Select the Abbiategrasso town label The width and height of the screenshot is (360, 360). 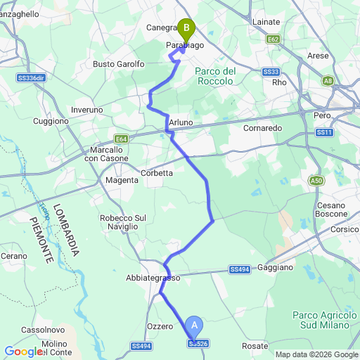point(154,278)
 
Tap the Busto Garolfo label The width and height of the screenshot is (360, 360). point(119,64)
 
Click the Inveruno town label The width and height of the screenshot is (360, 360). point(87,110)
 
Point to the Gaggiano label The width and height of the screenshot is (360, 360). point(276,268)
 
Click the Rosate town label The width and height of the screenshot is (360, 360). point(255,346)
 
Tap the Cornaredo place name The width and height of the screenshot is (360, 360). point(262,129)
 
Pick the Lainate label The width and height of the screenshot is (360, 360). point(265,22)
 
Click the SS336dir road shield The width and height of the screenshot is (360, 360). point(30,78)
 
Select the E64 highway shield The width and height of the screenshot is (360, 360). point(122,139)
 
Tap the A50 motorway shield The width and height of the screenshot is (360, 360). point(317,181)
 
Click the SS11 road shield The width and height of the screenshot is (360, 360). point(324,132)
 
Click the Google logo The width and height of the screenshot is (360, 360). point(23,352)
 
